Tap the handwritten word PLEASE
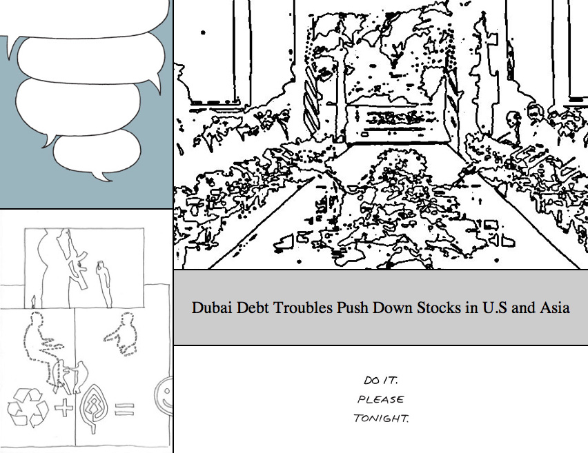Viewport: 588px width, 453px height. click(x=381, y=399)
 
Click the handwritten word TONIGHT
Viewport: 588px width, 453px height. click(x=381, y=418)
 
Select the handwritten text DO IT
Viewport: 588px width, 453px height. click(x=380, y=381)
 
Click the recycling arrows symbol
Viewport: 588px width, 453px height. click(x=28, y=407)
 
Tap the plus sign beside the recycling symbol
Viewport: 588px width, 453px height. click(x=63, y=407)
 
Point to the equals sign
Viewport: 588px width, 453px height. click(x=124, y=409)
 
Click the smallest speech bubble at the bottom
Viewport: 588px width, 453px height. click(x=97, y=152)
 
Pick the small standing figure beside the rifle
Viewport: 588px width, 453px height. click(x=104, y=283)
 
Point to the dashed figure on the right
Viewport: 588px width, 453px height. click(x=123, y=334)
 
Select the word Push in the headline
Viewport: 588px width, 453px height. click(x=353, y=308)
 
